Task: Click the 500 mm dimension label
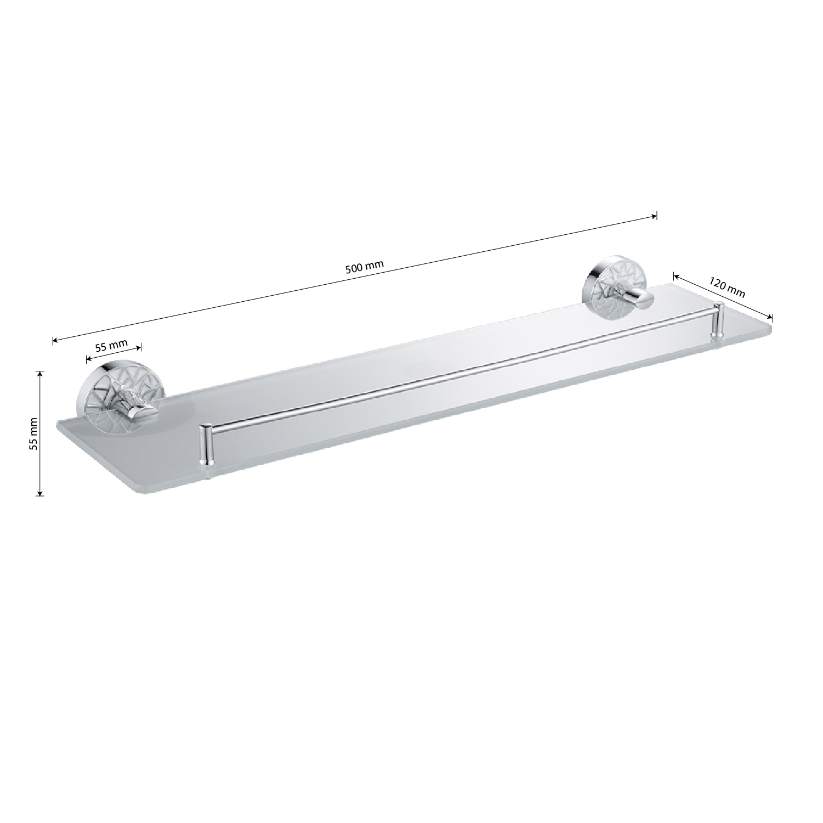point(364,267)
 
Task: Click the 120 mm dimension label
point(728,288)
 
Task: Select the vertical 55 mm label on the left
point(33,434)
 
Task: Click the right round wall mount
point(617,286)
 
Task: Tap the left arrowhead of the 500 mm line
point(55,340)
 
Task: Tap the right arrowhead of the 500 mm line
point(654,216)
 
